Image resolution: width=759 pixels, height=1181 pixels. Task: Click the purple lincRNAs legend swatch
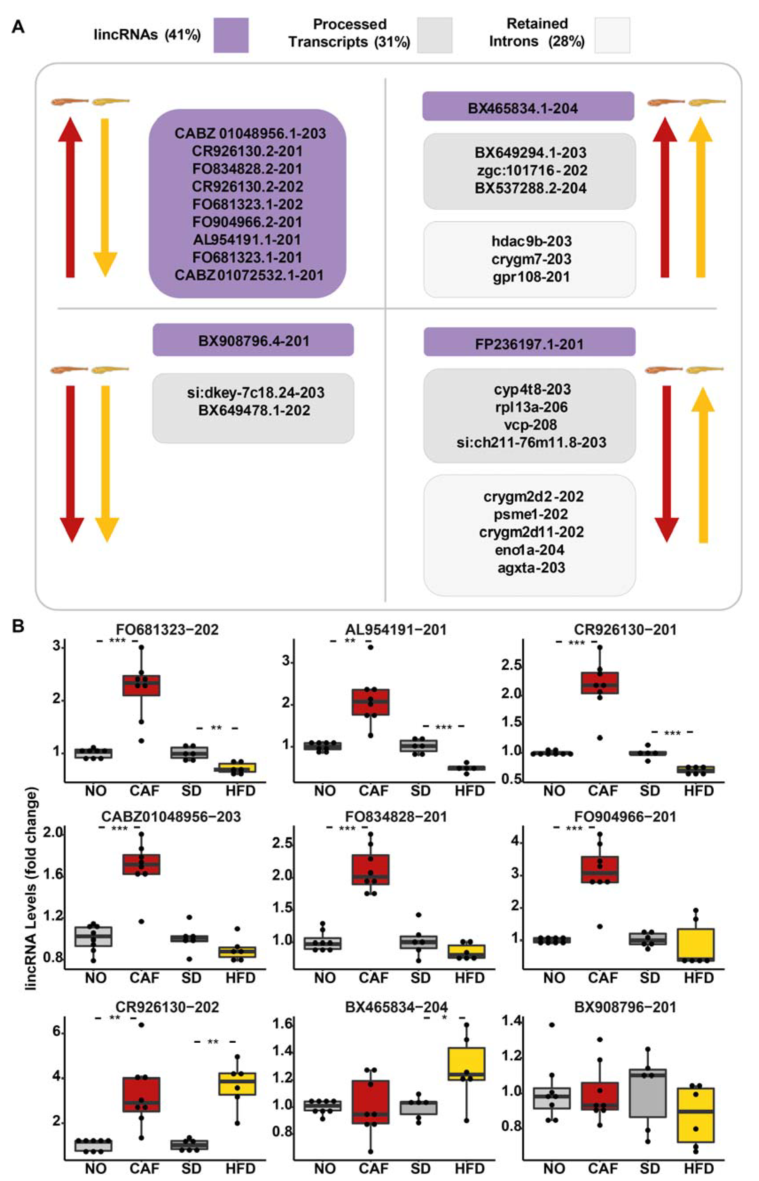coord(231,35)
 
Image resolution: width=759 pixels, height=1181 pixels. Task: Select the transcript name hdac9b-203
coord(531,241)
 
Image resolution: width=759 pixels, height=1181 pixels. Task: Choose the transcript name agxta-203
coord(531,568)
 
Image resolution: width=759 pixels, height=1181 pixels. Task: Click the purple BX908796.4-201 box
coord(253,340)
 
